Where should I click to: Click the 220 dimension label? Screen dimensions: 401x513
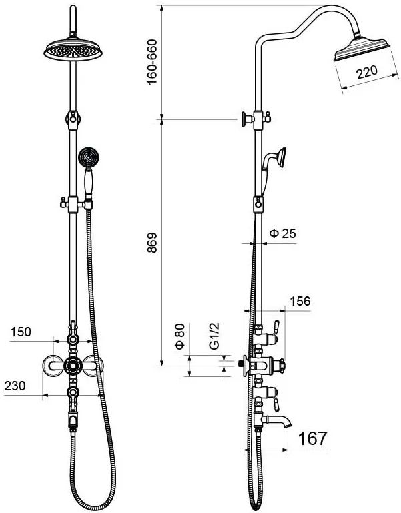(x=367, y=72)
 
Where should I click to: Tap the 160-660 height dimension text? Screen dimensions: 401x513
(x=152, y=62)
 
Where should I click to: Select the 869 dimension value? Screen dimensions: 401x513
(x=152, y=243)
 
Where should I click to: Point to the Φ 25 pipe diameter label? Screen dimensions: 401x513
(x=282, y=233)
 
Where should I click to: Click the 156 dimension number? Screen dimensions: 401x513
(x=300, y=301)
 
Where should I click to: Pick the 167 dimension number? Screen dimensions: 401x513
(x=312, y=438)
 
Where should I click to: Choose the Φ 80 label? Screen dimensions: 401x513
(x=180, y=336)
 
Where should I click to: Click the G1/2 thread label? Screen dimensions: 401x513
(x=214, y=336)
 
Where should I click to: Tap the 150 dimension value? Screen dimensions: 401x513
(x=21, y=332)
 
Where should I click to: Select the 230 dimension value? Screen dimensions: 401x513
(x=15, y=386)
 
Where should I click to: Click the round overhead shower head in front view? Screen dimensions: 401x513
(x=73, y=50)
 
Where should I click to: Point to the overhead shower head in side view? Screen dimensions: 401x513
(x=362, y=49)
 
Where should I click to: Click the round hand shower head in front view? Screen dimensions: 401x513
(x=88, y=157)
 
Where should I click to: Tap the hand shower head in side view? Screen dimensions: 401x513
(x=281, y=157)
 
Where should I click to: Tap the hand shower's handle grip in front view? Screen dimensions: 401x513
(x=88, y=182)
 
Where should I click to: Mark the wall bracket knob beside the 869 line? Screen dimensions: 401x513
(x=246, y=119)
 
